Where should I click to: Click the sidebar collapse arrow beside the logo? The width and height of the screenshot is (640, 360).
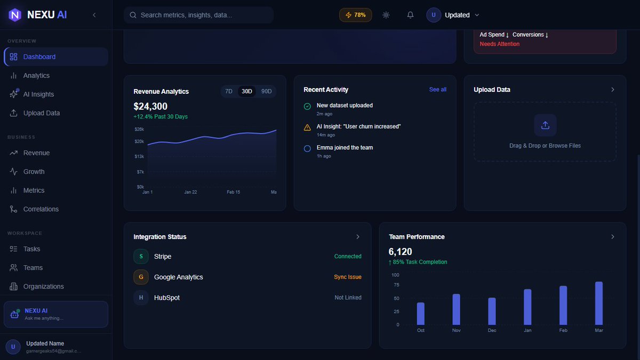click(94, 15)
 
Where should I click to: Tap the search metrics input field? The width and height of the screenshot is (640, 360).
click(198, 15)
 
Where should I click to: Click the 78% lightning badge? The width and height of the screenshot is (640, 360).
click(355, 15)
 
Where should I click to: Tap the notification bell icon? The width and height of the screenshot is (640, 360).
click(410, 15)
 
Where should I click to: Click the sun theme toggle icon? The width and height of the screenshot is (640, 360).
click(386, 15)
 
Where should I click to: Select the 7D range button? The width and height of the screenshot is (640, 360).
click(229, 91)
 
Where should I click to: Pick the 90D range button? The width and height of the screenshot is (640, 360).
click(266, 91)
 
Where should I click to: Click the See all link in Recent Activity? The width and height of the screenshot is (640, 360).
click(438, 90)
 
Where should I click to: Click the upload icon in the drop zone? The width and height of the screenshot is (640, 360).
click(545, 125)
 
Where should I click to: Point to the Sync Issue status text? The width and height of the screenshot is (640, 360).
click(348, 277)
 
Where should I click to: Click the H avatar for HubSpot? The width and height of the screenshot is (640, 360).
click(141, 298)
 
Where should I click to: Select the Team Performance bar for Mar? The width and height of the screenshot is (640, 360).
click(599, 303)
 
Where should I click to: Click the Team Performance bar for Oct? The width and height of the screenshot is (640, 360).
click(421, 314)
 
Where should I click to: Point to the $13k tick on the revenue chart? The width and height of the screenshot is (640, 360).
click(139, 157)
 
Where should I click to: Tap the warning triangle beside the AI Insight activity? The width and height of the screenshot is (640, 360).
click(307, 127)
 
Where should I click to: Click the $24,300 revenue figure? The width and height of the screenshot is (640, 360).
click(150, 106)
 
